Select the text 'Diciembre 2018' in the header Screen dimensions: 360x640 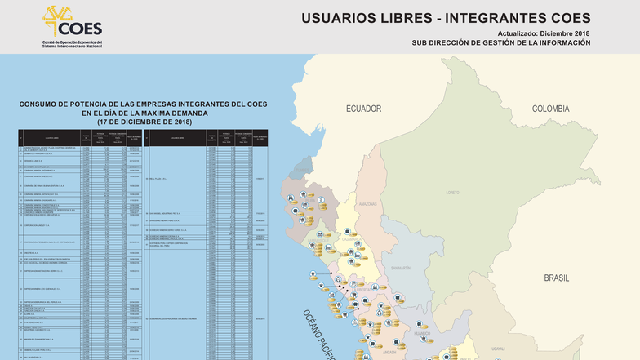tap(563, 33)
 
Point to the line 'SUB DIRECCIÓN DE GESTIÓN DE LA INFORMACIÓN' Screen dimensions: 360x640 tap(500, 43)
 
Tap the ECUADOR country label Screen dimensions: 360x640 tap(363, 109)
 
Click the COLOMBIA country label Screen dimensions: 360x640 tap(550, 109)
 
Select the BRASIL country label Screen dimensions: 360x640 tap(556, 278)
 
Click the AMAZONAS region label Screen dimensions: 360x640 tap(368, 204)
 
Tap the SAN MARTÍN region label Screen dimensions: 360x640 tap(400, 267)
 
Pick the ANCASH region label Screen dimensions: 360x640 tap(389, 353)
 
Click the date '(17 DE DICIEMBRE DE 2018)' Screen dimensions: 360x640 tap(144, 122)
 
